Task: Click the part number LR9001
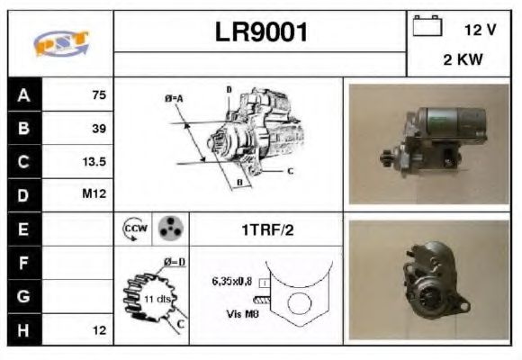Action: tap(261, 32)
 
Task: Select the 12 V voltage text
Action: tap(480, 30)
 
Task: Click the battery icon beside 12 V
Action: tap(427, 27)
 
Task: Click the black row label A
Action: tap(23, 94)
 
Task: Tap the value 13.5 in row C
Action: tap(94, 163)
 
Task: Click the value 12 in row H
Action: tap(100, 331)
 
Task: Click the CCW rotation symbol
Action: tap(132, 229)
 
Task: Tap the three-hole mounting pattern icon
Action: tap(167, 229)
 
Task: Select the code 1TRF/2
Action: tap(267, 230)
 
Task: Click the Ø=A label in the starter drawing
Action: tap(175, 97)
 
